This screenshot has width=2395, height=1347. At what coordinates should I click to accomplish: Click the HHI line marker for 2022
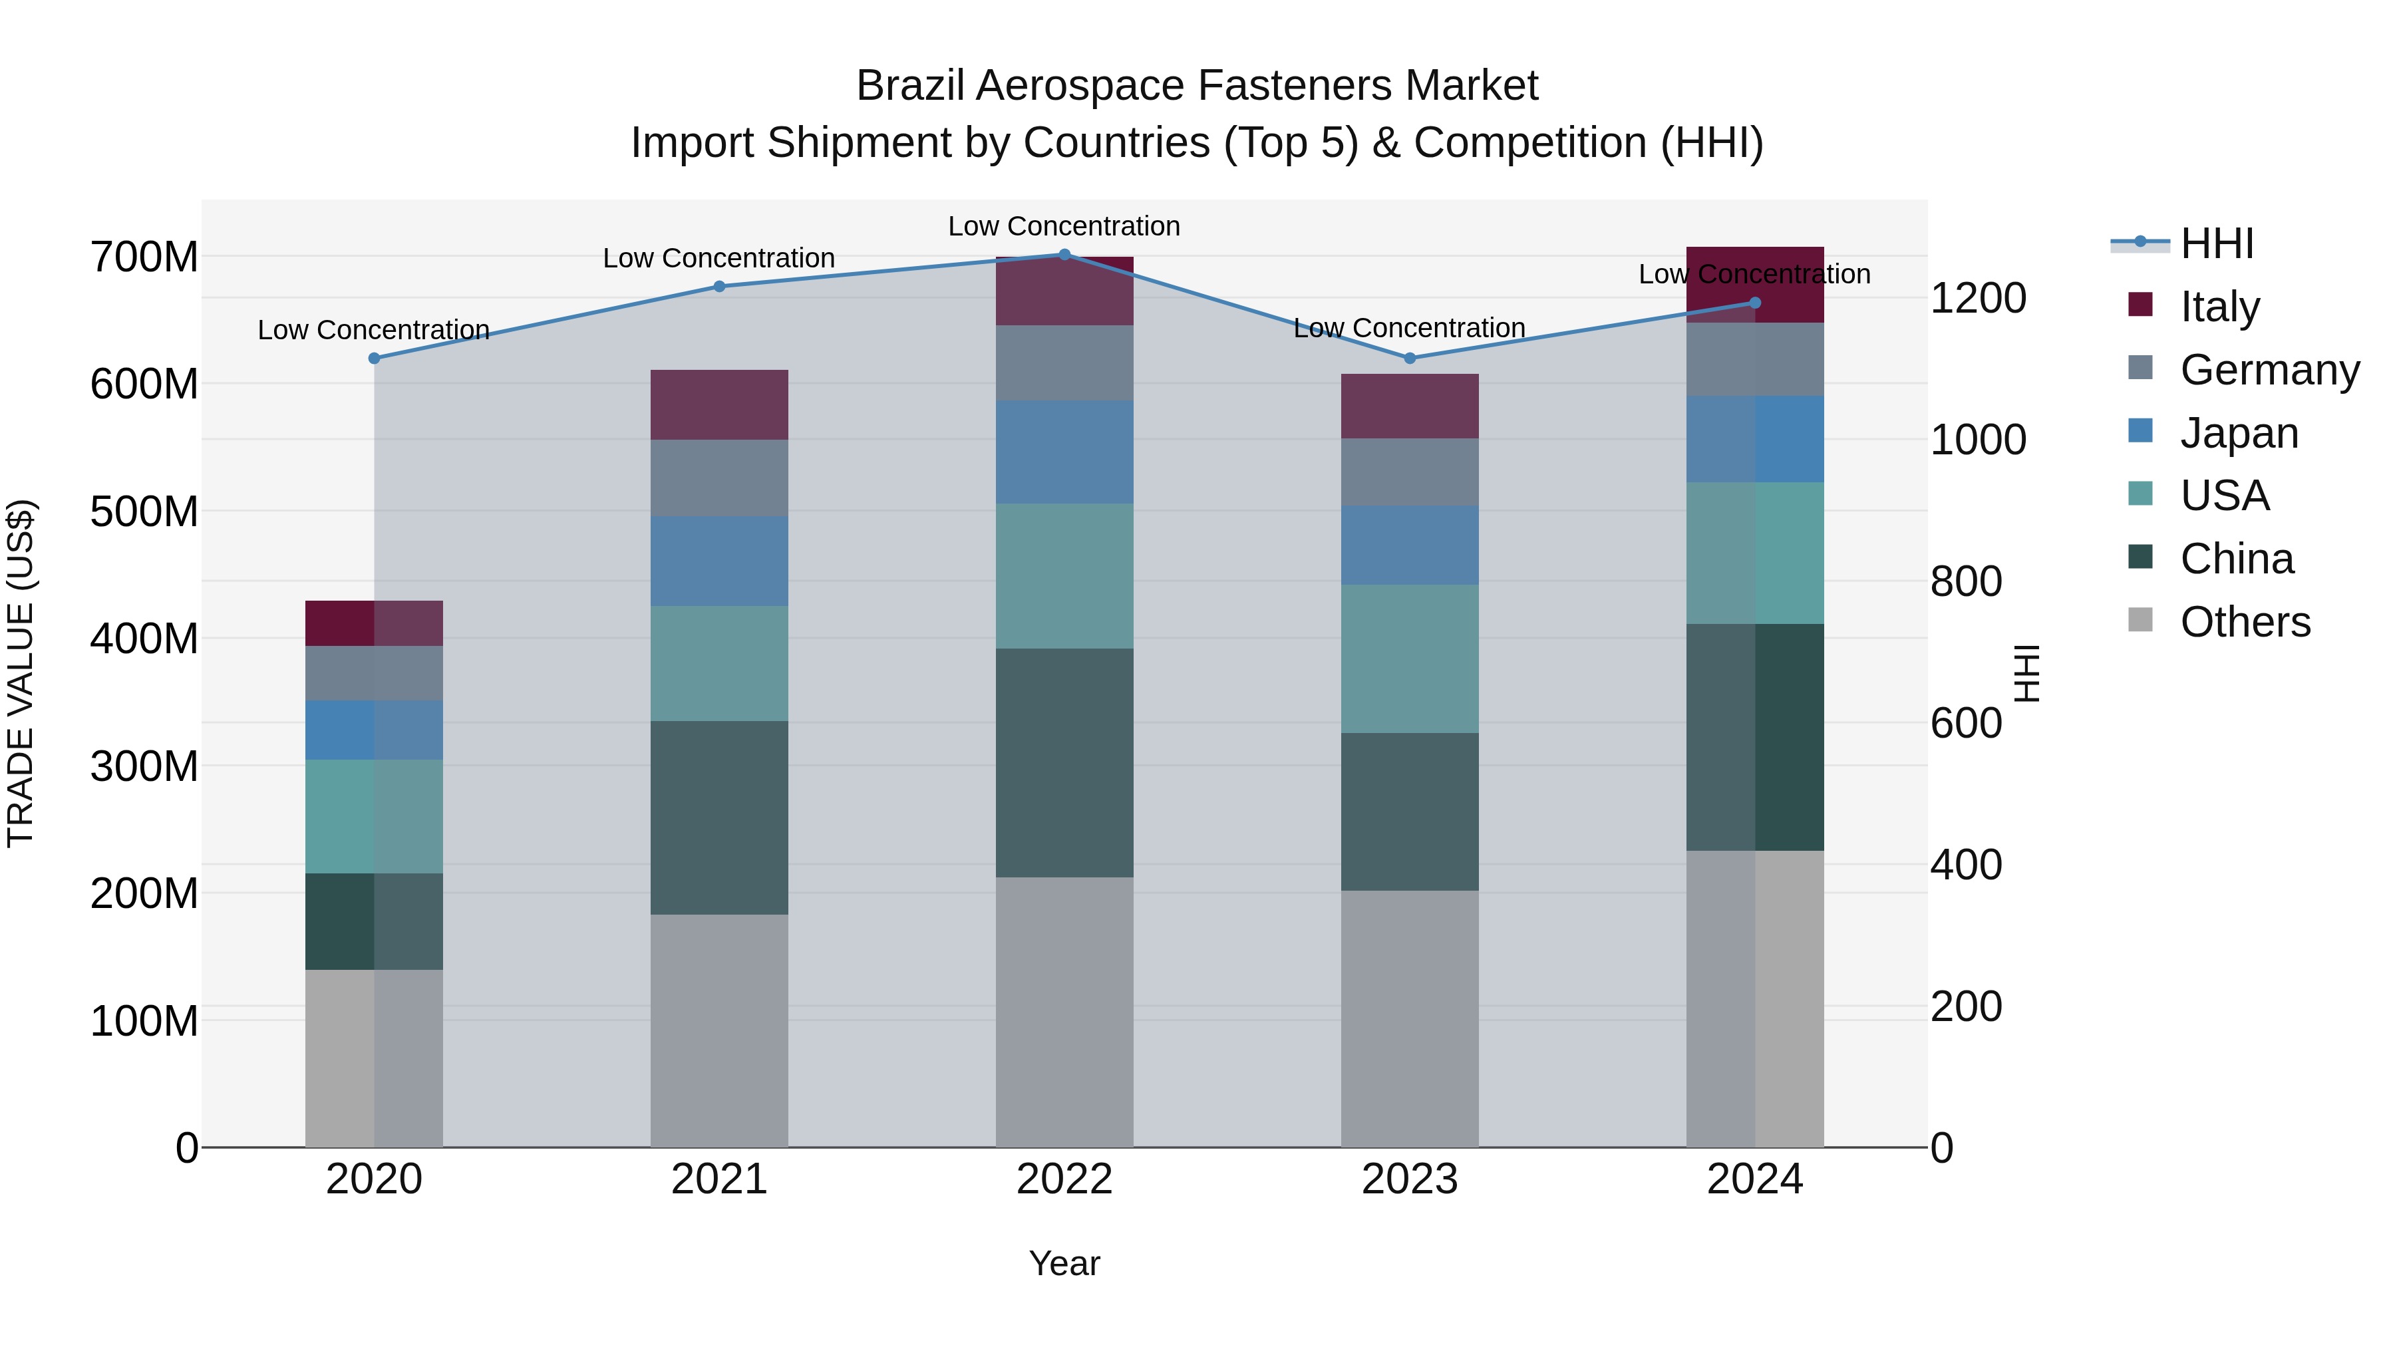pos(1064,254)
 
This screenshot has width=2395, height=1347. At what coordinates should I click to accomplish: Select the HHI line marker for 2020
pos(374,358)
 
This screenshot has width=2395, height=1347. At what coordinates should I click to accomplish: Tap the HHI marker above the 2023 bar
pos(1410,358)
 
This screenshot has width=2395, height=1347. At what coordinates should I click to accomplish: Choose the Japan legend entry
pos(2238,432)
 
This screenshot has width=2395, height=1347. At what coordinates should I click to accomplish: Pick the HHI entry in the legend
pos(2217,243)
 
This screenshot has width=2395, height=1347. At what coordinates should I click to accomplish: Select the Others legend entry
pos(2245,622)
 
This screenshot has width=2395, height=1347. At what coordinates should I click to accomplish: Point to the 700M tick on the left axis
pos(144,257)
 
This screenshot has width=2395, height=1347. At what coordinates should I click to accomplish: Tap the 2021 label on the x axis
pos(718,1179)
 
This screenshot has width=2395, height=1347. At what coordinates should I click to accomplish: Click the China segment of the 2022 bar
pos(1064,762)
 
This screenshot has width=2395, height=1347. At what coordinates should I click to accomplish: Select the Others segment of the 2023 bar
pos(1410,1018)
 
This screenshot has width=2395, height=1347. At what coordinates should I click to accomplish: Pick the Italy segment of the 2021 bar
pos(718,404)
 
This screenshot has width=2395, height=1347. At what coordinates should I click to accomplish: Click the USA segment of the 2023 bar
pos(1410,658)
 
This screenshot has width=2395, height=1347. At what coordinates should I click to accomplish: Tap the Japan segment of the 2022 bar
pos(1064,452)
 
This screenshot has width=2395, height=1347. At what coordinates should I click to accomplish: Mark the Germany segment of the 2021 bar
pos(718,478)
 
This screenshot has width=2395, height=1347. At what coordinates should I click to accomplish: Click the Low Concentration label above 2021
pos(718,259)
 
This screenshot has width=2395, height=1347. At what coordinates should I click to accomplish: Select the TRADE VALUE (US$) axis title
pos(21,673)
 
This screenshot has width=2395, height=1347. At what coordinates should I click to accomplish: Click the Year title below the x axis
pos(1064,1263)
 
